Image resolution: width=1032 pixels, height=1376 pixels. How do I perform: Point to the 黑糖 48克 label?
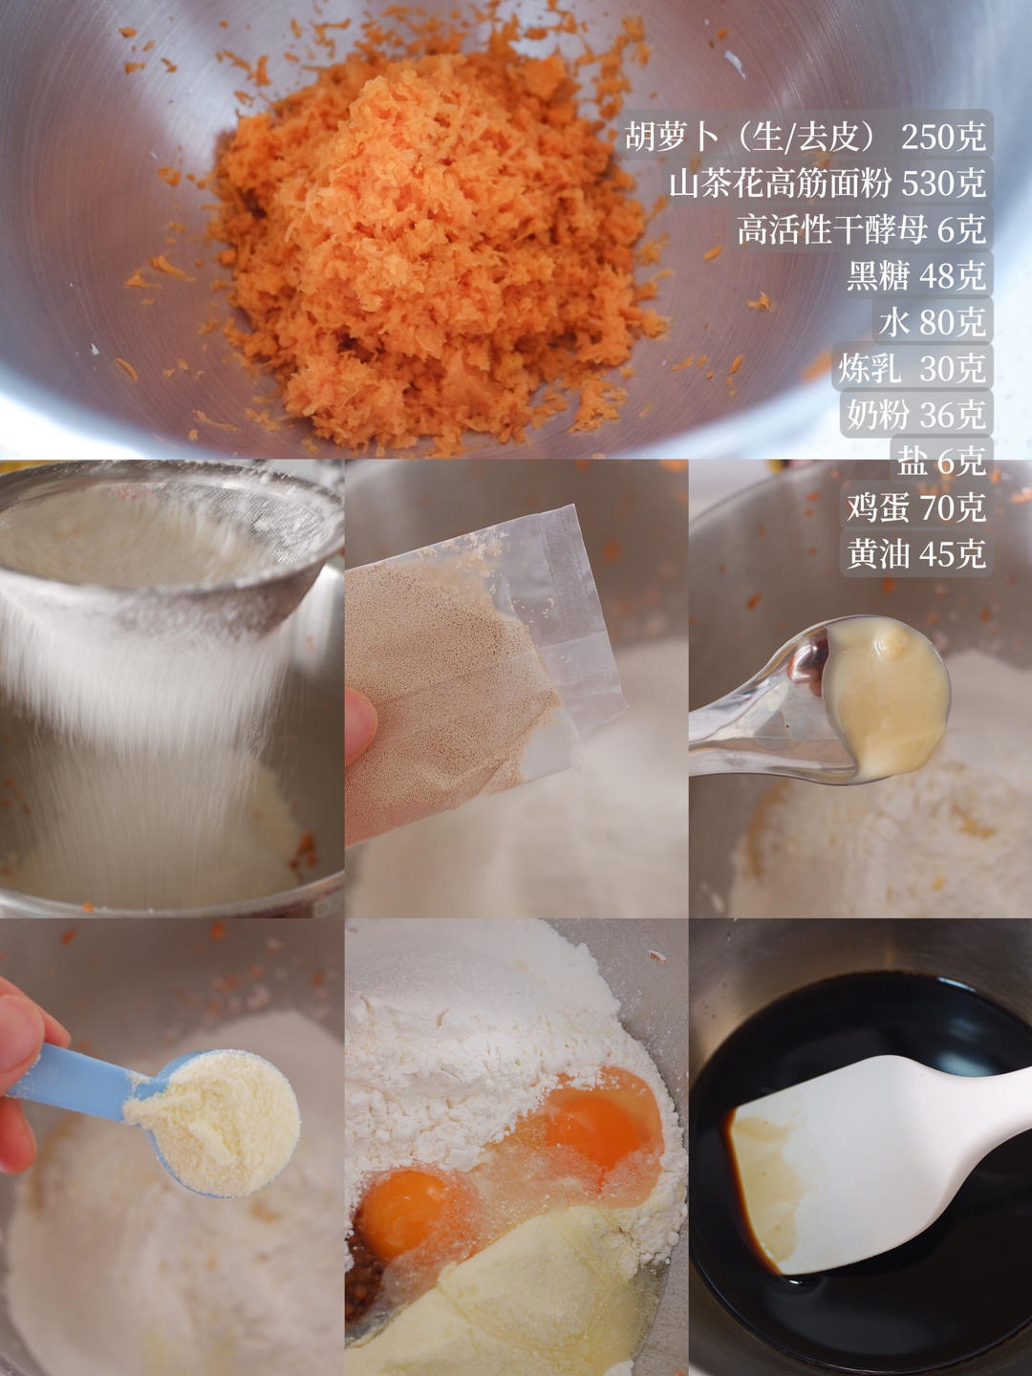pyautogui.click(x=915, y=275)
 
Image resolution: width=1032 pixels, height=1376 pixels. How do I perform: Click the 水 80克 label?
pyautogui.click(x=932, y=322)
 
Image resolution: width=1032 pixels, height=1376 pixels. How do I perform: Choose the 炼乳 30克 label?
pyautogui.click(x=912, y=368)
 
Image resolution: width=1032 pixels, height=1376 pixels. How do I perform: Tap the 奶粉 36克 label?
pyautogui.click(x=915, y=414)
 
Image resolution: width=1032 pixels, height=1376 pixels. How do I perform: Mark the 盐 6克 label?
pyautogui.click(x=940, y=461)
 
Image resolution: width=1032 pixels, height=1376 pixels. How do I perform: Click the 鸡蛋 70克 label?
pyautogui.click(x=915, y=506)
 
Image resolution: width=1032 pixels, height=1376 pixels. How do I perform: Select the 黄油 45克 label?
pyautogui.click(x=915, y=553)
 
